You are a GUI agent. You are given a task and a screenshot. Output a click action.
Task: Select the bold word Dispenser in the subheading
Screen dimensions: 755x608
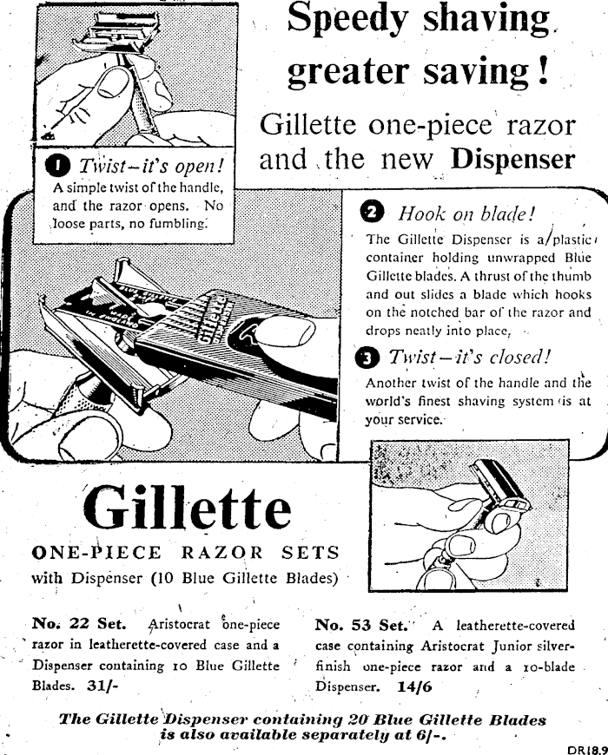click(x=512, y=159)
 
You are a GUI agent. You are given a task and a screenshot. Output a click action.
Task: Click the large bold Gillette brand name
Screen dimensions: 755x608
click(x=186, y=509)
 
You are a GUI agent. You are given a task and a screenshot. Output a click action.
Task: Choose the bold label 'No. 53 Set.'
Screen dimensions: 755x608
click(x=362, y=624)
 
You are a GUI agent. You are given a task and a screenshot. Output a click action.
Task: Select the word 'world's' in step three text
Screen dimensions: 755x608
click(x=391, y=402)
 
